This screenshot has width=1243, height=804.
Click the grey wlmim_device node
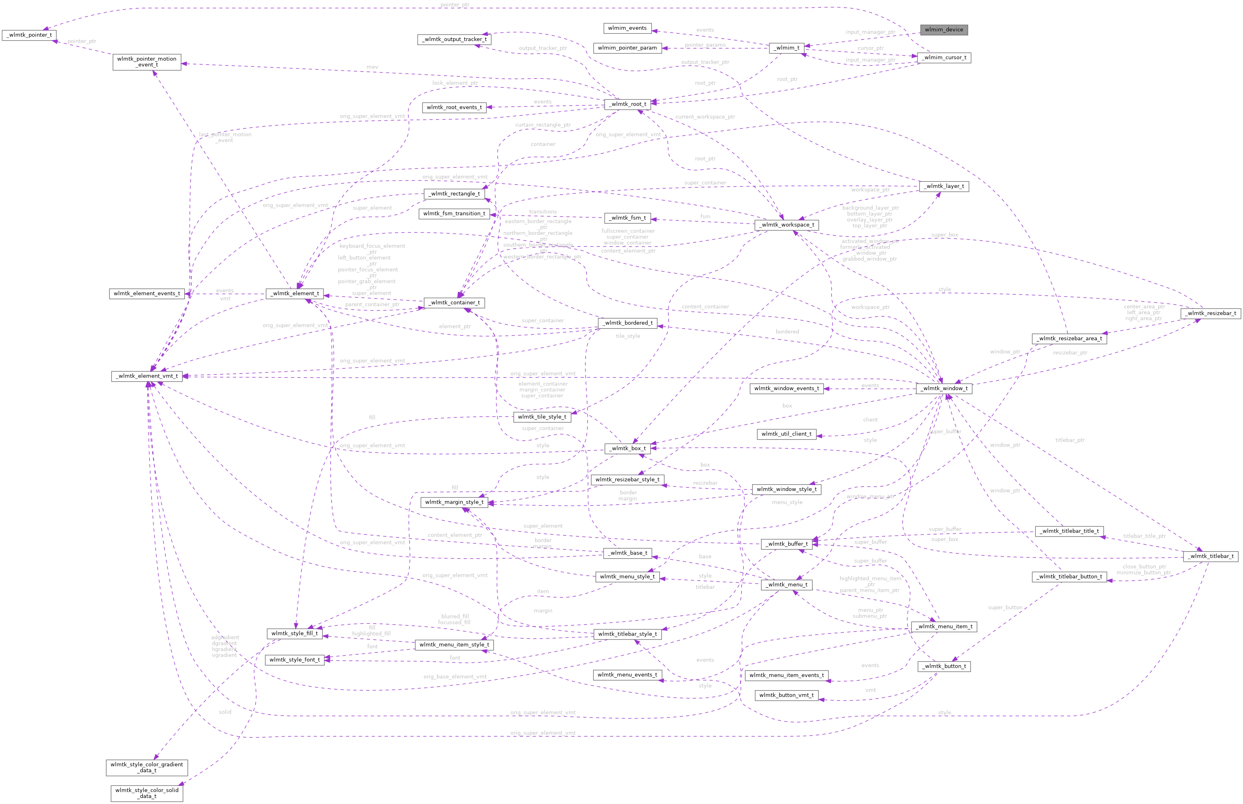point(944,30)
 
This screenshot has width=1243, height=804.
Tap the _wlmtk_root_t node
point(627,104)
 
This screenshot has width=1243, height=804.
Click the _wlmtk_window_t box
point(944,389)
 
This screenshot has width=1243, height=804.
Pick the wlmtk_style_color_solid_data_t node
point(147,792)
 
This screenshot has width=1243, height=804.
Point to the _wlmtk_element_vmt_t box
point(147,376)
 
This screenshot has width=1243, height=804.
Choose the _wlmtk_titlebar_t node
point(1210,556)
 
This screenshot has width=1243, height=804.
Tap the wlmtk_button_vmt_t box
point(786,695)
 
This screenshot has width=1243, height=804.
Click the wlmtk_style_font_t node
point(295,660)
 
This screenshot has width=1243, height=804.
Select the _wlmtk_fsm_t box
point(627,218)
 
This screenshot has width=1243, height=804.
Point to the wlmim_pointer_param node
point(627,48)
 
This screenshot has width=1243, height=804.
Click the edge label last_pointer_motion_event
point(225,137)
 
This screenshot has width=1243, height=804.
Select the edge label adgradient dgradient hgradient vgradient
point(225,646)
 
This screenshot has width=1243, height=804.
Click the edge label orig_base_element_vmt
point(454,677)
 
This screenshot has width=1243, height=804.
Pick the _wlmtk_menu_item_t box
point(944,627)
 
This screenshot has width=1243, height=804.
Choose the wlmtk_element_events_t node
point(147,294)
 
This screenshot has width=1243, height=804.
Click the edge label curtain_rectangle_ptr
point(543,125)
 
